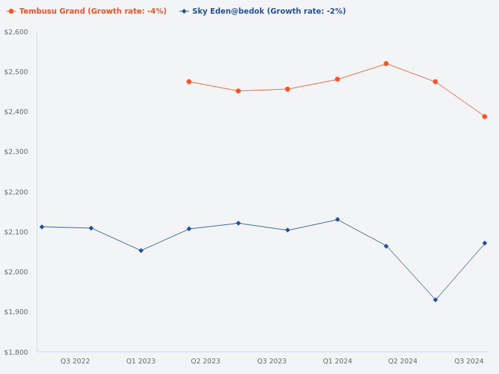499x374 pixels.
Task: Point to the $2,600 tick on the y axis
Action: tap(16, 32)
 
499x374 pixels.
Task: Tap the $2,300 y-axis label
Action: tap(16, 152)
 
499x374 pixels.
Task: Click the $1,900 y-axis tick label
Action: tap(16, 312)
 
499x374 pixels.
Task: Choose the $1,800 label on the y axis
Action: tap(16, 352)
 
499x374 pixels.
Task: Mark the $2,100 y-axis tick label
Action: tap(16, 232)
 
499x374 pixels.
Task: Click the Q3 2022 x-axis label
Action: tap(75, 361)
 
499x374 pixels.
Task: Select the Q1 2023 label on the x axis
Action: tap(141, 361)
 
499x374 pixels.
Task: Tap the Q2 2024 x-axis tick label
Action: tap(402, 361)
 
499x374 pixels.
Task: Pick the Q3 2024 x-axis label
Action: tap(468, 361)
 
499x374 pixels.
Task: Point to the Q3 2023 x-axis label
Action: tap(272, 361)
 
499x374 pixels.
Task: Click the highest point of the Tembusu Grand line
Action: tap(386, 64)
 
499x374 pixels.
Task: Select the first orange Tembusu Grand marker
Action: tap(189, 82)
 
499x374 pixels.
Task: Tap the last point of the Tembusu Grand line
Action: tap(485, 117)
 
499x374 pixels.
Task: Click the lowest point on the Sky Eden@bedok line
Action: tap(435, 300)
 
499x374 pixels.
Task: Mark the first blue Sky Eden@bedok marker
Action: tap(42, 227)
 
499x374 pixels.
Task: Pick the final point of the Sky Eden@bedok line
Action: tap(485, 243)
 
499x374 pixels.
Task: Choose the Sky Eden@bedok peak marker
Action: tap(337, 219)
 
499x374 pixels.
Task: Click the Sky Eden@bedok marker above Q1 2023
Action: tap(141, 251)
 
